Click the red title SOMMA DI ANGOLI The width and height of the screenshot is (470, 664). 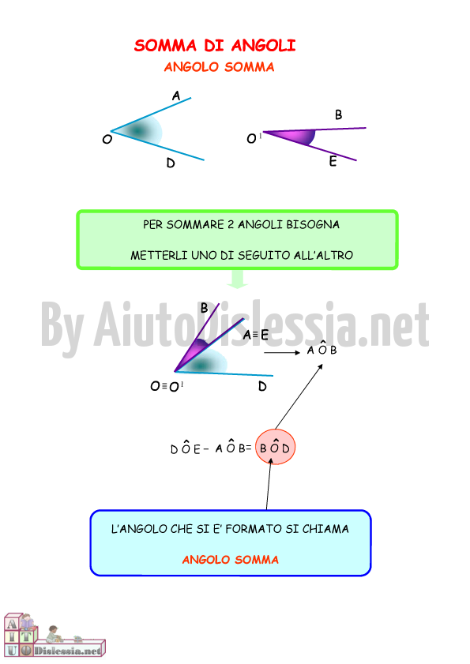(215, 45)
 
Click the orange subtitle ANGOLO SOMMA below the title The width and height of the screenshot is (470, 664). (219, 67)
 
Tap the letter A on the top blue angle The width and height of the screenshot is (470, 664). (176, 96)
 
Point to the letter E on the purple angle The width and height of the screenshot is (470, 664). (333, 161)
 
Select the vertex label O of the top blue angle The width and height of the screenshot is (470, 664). (107, 139)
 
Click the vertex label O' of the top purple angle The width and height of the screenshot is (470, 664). (254, 138)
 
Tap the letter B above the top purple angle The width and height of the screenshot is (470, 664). (338, 114)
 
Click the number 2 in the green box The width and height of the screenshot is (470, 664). (231, 224)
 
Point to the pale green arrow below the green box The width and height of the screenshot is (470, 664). (237, 279)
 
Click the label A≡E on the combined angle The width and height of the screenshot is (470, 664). (256, 335)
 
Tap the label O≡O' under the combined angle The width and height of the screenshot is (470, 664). (167, 386)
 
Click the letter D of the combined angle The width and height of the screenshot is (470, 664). (262, 386)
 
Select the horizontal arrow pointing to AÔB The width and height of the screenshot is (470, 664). (282, 352)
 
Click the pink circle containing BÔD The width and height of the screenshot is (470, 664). (275, 447)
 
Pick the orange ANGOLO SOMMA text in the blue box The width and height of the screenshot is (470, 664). (231, 560)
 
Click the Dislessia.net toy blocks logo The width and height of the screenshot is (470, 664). (55, 636)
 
